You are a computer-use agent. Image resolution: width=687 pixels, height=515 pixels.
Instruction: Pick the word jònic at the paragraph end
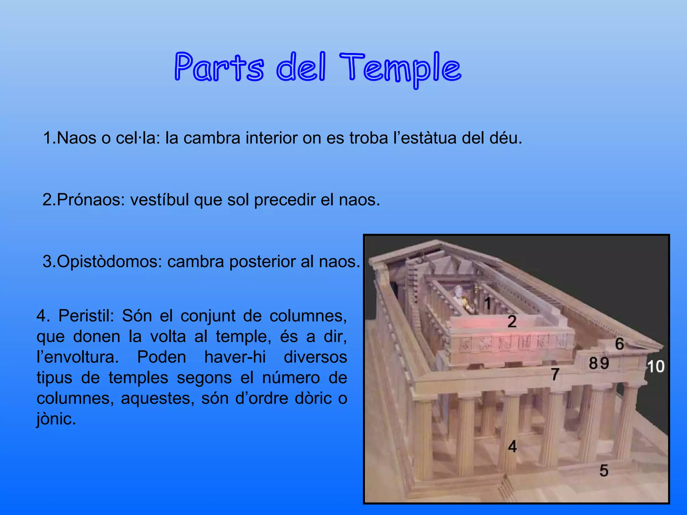pos(56,419)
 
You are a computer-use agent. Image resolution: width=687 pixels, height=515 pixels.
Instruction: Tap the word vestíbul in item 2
pos(159,200)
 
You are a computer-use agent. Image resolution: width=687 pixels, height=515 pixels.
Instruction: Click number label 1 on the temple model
pos(487,303)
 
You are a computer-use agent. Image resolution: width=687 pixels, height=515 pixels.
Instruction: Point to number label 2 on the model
pos(512,322)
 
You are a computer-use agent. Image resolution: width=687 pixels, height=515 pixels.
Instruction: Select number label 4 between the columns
pos(512,446)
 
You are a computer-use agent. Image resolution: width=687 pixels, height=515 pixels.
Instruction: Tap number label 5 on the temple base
pos(604,470)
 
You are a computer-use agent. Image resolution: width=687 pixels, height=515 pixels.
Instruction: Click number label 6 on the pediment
pos(619,344)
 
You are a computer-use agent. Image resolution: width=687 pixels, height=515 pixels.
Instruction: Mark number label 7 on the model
pos(555,374)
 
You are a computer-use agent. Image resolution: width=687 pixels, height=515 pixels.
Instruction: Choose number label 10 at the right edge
pos(655,366)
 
